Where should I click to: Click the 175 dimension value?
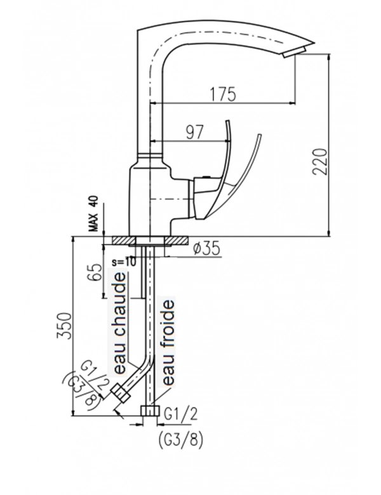point(224,94)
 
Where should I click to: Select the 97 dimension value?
point(194,132)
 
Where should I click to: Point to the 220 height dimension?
point(319,162)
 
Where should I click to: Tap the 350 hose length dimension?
point(63,326)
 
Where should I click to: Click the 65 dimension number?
point(96,272)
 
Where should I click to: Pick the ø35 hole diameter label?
point(206,249)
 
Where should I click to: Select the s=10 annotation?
point(124,261)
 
